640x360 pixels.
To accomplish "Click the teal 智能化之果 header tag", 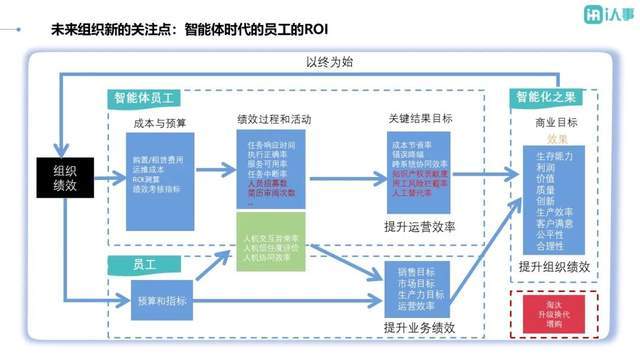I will point(545,98).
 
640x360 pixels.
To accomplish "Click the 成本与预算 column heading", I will point(159,123).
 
